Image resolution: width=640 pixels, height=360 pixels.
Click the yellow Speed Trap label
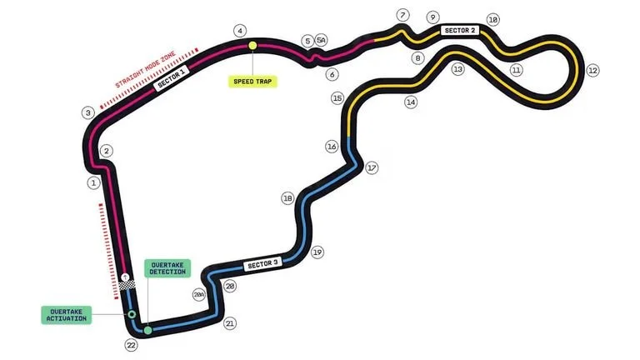tap(252, 82)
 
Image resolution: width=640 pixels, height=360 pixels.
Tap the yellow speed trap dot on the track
tap(252, 45)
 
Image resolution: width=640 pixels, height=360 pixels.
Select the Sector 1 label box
tap(172, 78)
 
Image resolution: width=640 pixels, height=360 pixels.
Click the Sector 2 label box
tap(460, 30)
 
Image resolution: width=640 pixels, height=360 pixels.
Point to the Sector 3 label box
tap(262, 264)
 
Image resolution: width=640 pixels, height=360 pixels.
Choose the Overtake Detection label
tap(167, 268)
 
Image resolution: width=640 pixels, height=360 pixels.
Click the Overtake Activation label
tap(67, 315)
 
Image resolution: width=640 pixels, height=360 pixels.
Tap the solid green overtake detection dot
tap(147, 330)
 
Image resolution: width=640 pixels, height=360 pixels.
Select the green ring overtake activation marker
tap(132, 314)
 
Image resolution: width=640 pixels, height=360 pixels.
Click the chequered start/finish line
tap(127, 285)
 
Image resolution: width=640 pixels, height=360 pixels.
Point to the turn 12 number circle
tap(592, 71)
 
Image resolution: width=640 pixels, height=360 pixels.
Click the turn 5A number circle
tap(321, 40)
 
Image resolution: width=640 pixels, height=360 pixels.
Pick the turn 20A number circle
tap(199, 295)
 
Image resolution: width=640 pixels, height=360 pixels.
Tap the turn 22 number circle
tap(131, 345)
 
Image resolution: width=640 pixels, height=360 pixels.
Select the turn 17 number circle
tap(372, 167)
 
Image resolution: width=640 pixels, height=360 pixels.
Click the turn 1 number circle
tap(93, 182)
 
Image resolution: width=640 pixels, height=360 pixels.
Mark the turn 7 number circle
tap(402, 16)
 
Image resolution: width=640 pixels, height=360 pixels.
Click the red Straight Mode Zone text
tap(145, 69)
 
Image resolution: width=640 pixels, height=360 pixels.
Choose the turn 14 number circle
tap(411, 102)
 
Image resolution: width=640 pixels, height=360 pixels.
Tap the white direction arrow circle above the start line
tap(125, 277)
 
